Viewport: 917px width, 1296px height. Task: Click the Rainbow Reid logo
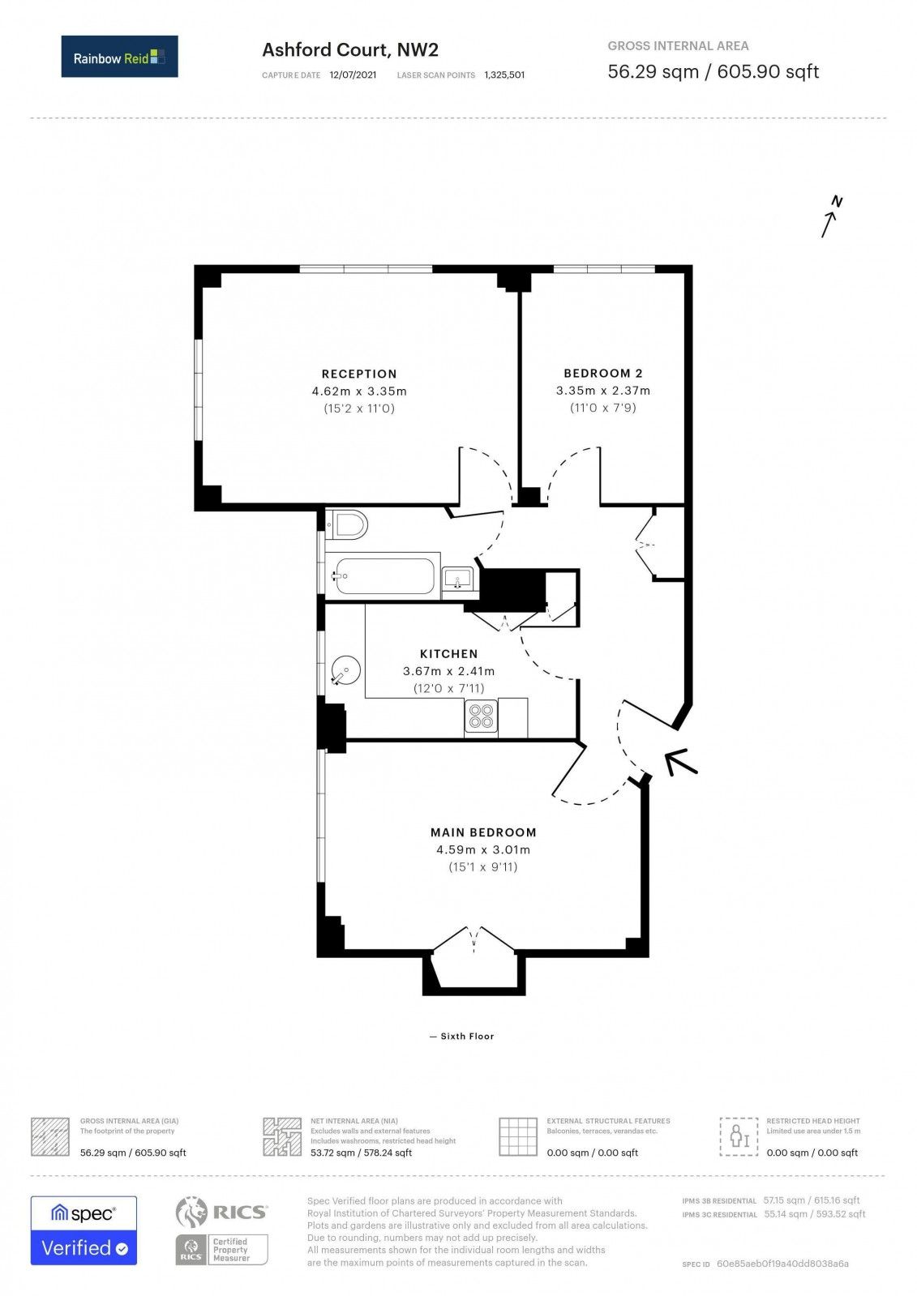(119, 57)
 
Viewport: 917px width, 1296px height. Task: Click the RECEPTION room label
(359, 374)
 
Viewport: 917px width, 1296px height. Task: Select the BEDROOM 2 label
(602, 373)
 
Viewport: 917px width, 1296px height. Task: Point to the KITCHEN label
(448, 653)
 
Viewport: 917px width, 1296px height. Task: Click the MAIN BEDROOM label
(483, 832)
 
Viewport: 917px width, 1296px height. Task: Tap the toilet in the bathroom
(348, 525)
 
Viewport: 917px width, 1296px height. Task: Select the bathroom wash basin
(458, 580)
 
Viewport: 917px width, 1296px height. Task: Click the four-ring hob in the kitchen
(481, 717)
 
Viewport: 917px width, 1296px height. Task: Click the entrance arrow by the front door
(681, 762)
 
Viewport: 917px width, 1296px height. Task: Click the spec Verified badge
(84, 1230)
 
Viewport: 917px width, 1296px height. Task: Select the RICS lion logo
(191, 1213)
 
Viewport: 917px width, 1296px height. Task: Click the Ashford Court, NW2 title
(350, 50)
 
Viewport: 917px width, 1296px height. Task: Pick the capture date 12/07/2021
(353, 75)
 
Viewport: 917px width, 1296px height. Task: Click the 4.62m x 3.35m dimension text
(359, 391)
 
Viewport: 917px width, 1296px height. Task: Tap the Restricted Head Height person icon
(739, 1136)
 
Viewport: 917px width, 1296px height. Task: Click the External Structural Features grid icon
(518, 1136)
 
